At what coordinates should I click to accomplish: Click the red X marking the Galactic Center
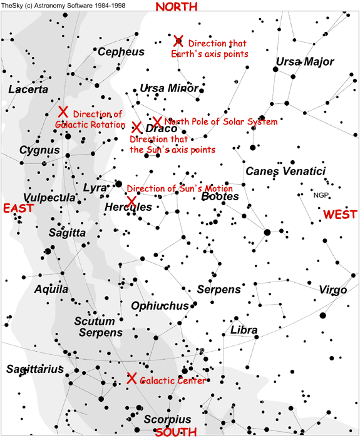pos(131,379)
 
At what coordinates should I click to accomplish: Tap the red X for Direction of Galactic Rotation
pos(63,111)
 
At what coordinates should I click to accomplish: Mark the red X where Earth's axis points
pos(178,41)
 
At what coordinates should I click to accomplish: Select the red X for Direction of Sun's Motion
pos(131,201)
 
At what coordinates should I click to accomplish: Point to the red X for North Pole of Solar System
pos(157,121)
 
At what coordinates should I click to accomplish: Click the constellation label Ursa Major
pos(305,62)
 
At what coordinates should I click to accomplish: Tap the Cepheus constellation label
pos(121,52)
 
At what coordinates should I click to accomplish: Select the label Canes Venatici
pos(285,171)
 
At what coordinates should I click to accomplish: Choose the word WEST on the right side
pos(340,215)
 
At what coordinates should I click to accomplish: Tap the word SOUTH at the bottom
pos(175,432)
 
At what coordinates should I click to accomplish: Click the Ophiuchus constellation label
pos(160,306)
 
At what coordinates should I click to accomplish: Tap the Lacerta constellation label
pos(28,90)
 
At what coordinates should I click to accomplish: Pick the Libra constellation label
pos(244,330)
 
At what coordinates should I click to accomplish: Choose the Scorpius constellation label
pos(167,419)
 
